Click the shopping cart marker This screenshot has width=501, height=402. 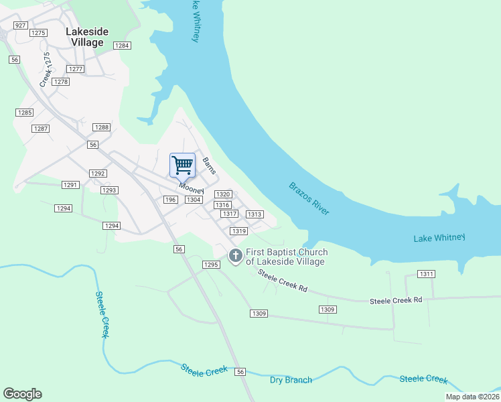pyautogui.click(x=182, y=165)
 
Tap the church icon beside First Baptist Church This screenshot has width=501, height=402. pyautogui.click(x=235, y=256)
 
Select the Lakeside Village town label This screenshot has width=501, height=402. pyautogui.click(x=85, y=37)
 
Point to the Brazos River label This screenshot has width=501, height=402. pyautogui.click(x=309, y=198)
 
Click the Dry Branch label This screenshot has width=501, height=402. pyautogui.click(x=291, y=380)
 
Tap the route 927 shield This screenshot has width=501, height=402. pyautogui.click(x=20, y=25)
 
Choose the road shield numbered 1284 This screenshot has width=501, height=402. pyautogui.click(x=121, y=46)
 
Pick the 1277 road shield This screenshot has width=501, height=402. pyautogui.click(x=75, y=69)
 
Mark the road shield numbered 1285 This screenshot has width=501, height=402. pyautogui.click(x=25, y=113)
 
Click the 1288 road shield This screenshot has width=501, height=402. pyautogui.click(x=101, y=127)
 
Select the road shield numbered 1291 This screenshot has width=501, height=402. pyautogui.click(x=70, y=184)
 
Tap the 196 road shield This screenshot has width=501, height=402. pyautogui.click(x=170, y=200)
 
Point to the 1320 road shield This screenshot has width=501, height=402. pyautogui.click(x=223, y=194)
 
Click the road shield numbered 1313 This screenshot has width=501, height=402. pyautogui.click(x=254, y=214)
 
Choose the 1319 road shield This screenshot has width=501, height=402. pyautogui.click(x=239, y=231)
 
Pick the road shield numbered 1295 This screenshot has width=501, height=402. pyautogui.click(x=211, y=265)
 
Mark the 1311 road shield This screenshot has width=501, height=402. pyautogui.click(x=426, y=274)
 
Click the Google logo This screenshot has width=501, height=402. pyautogui.click(x=22, y=394)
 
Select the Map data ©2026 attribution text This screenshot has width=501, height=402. pyautogui.click(x=472, y=397)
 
